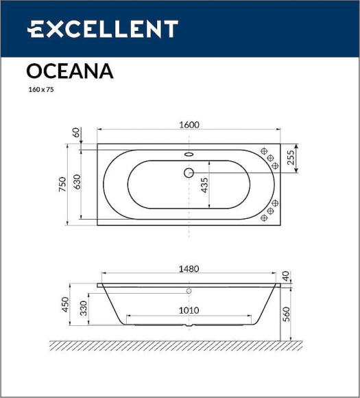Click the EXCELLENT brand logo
tap(102, 29)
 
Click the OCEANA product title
tap(70, 71)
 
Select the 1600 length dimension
tap(189, 124)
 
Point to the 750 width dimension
tap(62, 184)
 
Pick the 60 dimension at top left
tap(75, 132)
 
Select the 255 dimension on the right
tap(291, 159)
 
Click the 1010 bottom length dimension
tap(189, 310)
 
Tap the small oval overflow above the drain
tap(189, 154)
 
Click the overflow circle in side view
tap(189, 291)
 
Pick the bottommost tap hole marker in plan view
tap(264, 219)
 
